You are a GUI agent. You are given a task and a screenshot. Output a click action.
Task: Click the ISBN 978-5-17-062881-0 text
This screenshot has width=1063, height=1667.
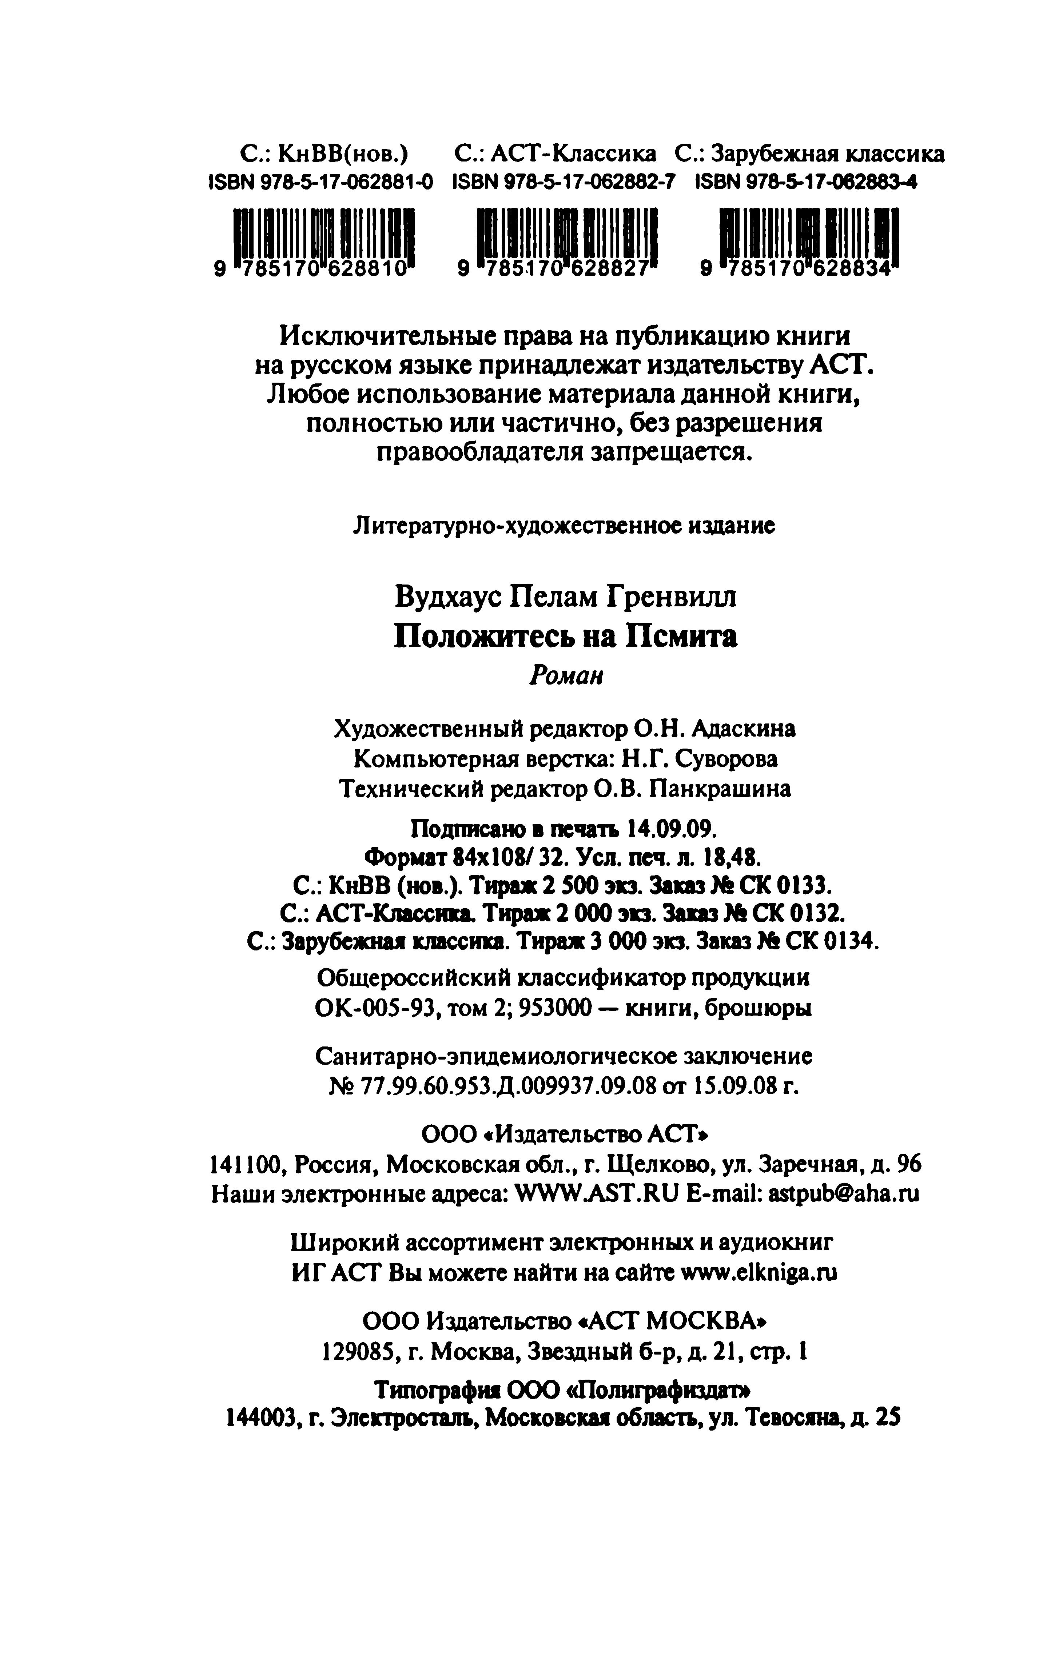321,182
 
